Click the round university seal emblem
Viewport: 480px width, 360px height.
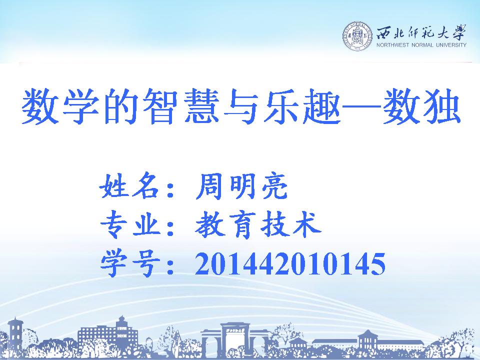click(357, 36)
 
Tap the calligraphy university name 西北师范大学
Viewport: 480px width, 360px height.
click(421, 33)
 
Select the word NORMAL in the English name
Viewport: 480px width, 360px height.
click(422, 45)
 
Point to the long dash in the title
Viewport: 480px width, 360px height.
click(361, 107)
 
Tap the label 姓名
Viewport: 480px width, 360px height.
click(129, 186)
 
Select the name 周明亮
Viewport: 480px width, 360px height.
click(241, 186)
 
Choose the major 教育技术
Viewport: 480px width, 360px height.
click(258, 224)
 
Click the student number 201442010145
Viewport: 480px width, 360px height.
click(290, 263)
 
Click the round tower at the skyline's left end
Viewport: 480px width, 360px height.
click(15, 333)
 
